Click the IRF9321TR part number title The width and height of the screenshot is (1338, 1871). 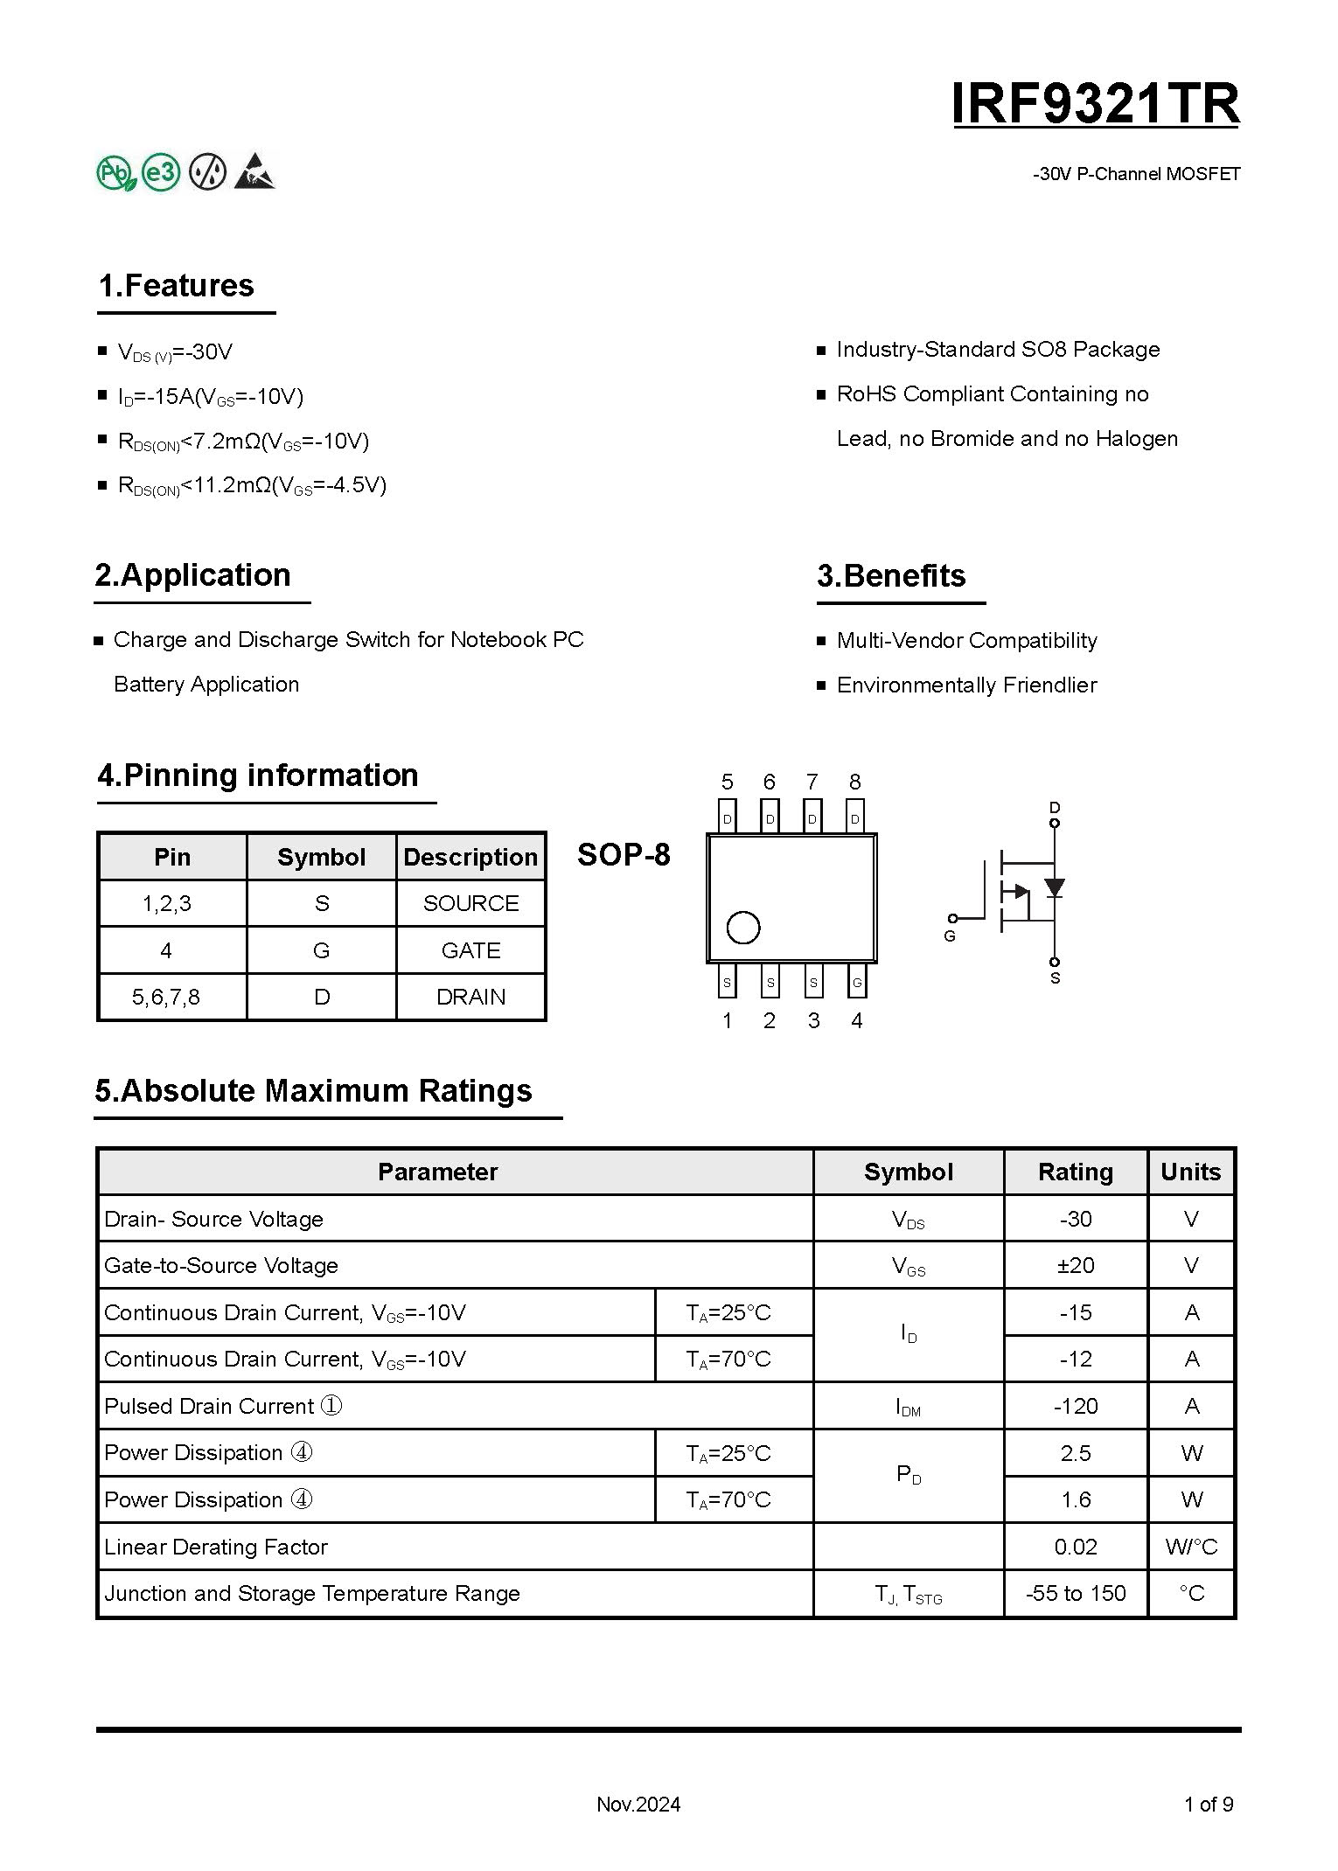1095,104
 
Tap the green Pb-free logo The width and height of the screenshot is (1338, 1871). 115,173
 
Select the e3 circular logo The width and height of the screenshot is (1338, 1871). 161,172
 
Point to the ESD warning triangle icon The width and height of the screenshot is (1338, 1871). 254,171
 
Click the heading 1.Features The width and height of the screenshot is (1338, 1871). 176,286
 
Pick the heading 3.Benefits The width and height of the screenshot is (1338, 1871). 890,575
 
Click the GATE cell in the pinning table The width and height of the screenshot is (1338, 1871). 470,950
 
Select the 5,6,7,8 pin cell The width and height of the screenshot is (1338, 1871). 166,997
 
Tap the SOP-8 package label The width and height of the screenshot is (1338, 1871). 624,854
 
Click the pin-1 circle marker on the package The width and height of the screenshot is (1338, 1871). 743,928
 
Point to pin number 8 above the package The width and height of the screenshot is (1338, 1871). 854,782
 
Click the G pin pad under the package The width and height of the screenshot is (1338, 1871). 857,982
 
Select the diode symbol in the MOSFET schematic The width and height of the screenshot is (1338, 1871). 1055,887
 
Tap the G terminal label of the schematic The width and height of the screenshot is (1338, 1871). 950,935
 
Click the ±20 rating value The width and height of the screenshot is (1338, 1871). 1075,1265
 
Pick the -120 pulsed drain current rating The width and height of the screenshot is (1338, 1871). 1075,1406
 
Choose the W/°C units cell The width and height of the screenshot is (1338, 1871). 1190,1547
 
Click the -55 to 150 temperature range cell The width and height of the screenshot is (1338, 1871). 1075,1593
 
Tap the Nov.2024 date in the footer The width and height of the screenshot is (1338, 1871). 638,1804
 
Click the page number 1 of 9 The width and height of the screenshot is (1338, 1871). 1208,1804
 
